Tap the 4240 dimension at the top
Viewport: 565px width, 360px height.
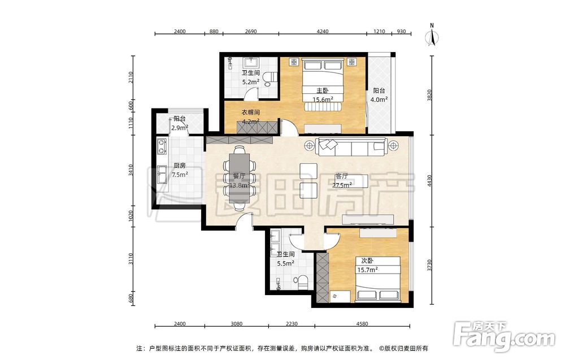click(323, 31)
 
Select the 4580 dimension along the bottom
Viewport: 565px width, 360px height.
click(362, 324)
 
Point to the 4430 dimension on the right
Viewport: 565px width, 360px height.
click(429, 180)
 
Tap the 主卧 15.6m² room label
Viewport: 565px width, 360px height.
click(323, 95)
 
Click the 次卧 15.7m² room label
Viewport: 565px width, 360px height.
click(367, 265)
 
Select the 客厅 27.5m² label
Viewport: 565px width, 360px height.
click(342, 180)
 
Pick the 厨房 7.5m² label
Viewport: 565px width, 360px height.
click(180, 170)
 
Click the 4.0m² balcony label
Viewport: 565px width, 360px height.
click(379, 96)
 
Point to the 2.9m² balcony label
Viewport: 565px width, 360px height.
click(180, 123)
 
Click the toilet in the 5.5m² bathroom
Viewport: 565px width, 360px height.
click(301, 282)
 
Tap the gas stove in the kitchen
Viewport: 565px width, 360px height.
click(162, 146)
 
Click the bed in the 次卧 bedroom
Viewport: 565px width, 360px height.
click(377, 279)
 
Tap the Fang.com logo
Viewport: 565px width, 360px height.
click(504, 336)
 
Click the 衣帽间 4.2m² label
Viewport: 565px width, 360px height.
click(250, 117)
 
